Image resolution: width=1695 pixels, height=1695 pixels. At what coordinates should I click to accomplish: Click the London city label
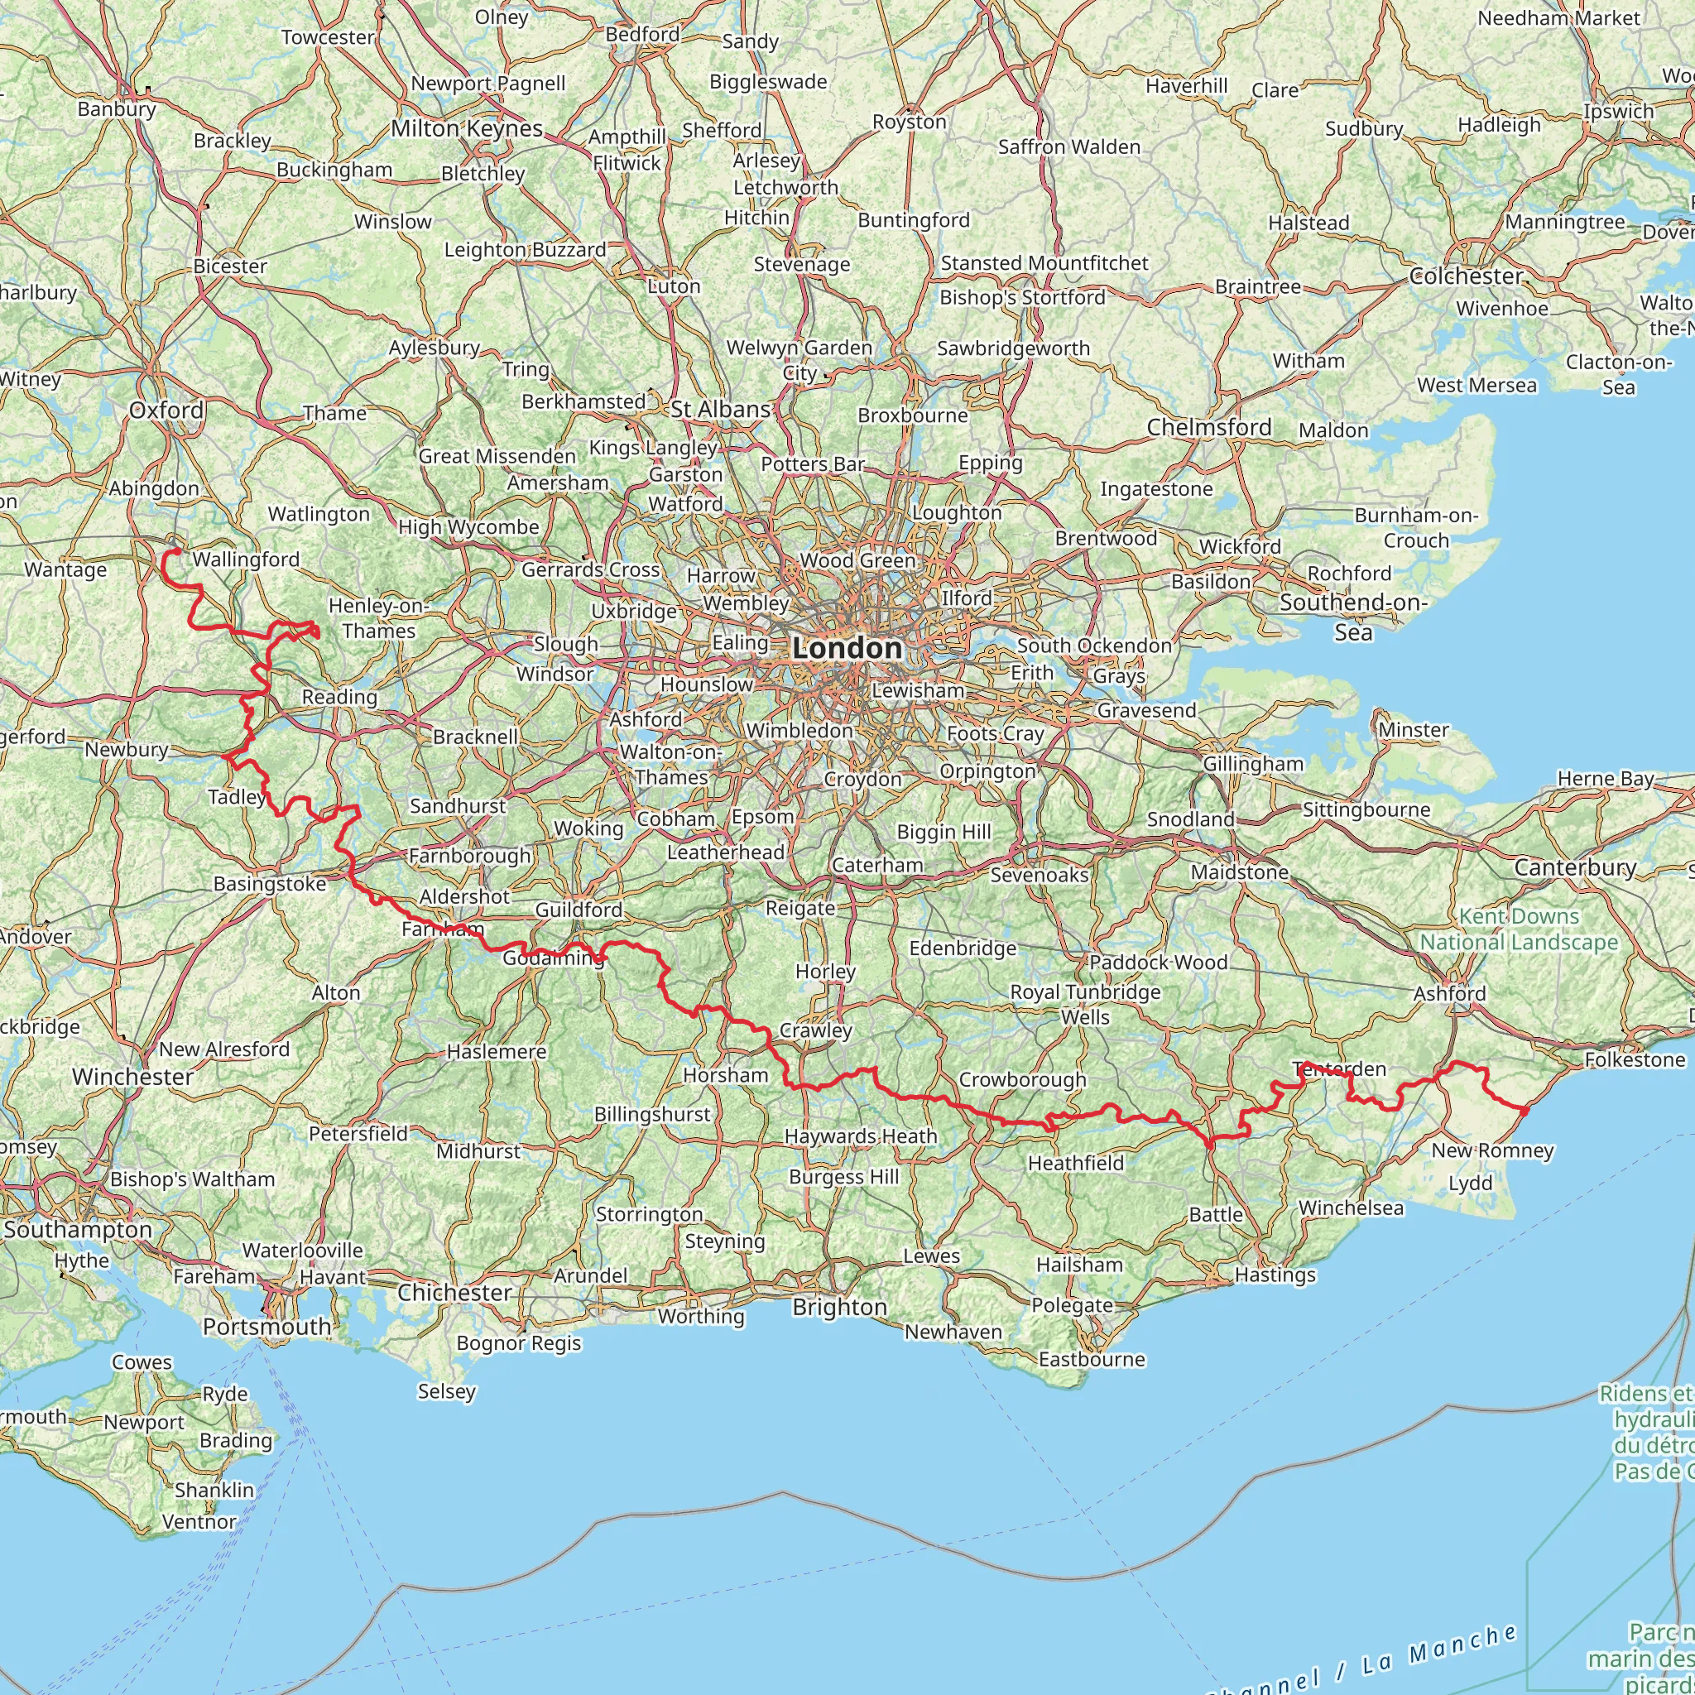click(847, 648)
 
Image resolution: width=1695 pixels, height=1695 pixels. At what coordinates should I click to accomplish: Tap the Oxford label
click(166, 410)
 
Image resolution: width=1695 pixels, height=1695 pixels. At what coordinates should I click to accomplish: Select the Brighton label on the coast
click(839, 1307)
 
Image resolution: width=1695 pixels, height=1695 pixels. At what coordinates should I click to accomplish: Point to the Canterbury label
click(1575, 867)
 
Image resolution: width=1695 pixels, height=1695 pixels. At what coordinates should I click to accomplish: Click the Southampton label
click(77, 1229)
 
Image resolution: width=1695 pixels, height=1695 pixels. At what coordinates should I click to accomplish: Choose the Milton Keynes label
click(467, 128)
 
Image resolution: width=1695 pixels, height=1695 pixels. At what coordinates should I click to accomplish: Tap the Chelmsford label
click(1209, 427)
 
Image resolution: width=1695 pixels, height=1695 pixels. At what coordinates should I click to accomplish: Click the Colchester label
click(1465, 276)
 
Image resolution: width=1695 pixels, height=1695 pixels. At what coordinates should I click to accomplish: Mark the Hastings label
click(1275, 1275)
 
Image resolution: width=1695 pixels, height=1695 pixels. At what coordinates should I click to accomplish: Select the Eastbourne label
click(1092, 1359)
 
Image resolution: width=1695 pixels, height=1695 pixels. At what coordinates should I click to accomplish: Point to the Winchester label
click(132, 1077)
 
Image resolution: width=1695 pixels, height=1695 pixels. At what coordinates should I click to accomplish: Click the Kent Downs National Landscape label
click(1519, 929)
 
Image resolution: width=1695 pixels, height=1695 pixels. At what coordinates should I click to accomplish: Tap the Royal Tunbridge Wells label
click(1085, 1005)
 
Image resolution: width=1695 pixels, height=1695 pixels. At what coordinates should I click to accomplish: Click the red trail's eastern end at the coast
click(1525, 1112)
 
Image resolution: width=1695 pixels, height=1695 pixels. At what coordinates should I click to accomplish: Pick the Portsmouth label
click(266, 1327)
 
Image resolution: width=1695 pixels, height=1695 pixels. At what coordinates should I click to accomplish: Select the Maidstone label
click(1239, 872)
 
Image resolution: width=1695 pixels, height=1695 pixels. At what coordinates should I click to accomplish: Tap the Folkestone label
click(1635, 1060)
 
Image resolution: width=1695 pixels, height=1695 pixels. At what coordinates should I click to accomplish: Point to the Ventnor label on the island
click(199, 1522)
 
